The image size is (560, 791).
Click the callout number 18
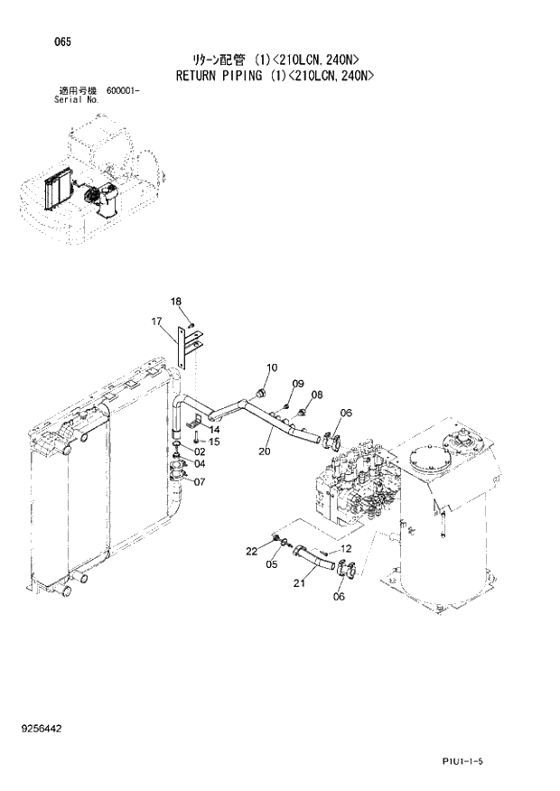176,301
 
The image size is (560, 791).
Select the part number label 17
156,321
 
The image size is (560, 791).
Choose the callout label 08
316,395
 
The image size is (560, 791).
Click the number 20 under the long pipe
265,451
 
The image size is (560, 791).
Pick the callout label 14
214,430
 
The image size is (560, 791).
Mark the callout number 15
214,441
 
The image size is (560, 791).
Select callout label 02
200,451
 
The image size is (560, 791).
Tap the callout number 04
200,464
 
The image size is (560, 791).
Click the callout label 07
199,481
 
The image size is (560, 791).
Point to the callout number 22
252,551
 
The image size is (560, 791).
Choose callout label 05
272,566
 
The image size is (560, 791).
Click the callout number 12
345,548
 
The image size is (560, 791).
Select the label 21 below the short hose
299,583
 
